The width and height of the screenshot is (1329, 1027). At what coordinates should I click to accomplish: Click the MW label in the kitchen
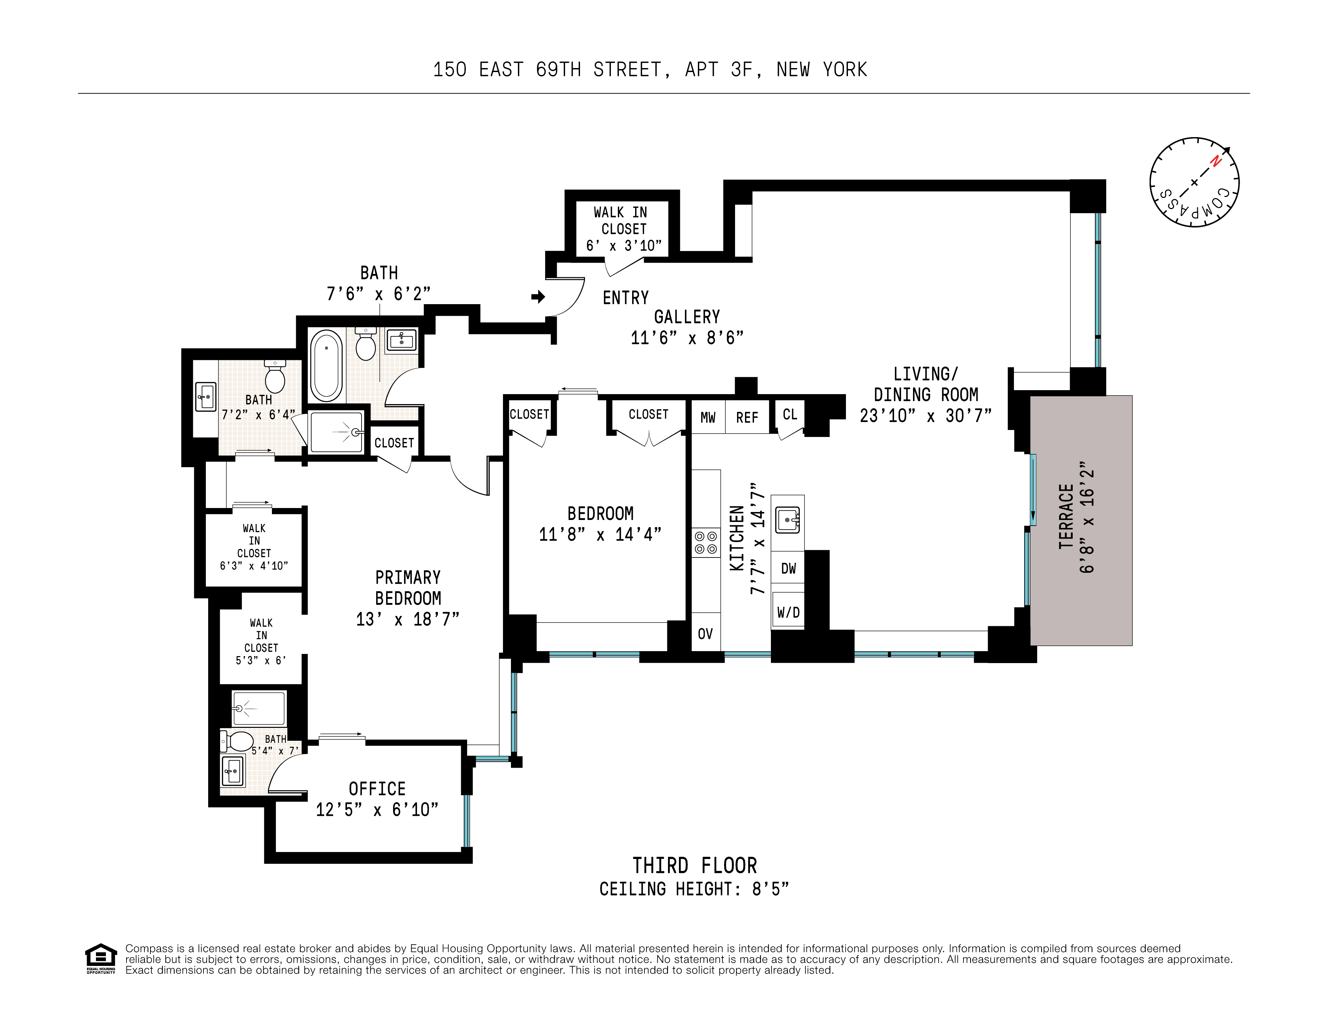click(708, 417)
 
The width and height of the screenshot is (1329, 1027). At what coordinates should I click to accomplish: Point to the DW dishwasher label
click(788, 568)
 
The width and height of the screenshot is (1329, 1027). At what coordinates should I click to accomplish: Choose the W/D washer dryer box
click(788, 612)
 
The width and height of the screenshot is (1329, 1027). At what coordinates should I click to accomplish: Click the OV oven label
click(705, 634)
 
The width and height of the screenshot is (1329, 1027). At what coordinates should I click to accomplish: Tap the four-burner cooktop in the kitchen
click(706, 542)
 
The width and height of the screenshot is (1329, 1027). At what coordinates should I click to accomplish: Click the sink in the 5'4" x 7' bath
click(232, 771)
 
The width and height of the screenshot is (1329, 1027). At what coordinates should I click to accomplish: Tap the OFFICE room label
click(377, 789)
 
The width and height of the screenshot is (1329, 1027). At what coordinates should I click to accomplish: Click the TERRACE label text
click(1066, 516)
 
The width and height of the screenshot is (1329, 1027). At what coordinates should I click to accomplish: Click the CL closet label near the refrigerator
click(790, 414)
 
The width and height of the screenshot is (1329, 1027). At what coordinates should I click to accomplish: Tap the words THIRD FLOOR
click(694, 866)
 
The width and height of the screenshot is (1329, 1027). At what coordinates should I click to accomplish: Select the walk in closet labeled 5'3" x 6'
click(261, 641)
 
